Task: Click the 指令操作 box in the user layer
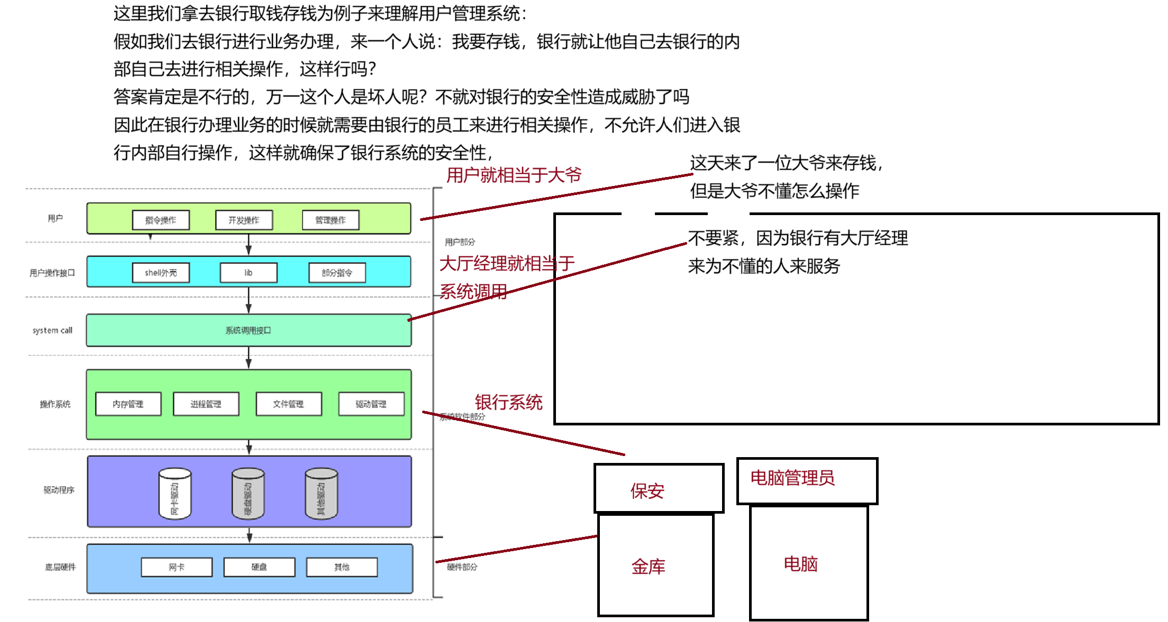pyautogui.click(x=161, y=220)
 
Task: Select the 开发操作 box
pyautogui.click(x=244, y=220)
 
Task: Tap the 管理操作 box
pyautogui.click(x=331, y=220)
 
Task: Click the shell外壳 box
pyautogui.click(x=161, y=273)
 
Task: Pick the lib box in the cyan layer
pyautogui.click(x=249, y=273)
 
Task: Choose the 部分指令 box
pyautogui.click(x=337, y=273)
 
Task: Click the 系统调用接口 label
pyautogui.click(x=248, y=330)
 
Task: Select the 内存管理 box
pyautogui.click(x=128, y=404)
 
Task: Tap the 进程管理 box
pyautogui.click(x=206, y=404)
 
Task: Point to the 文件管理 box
pyautogui.click(x=288, y=404)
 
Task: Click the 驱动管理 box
pyautogui.click(x=371, y=404)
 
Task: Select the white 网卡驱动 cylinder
pyautogui.click(x=175, y=494)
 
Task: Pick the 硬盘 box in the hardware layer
pyautogui.click(x=259, y=567)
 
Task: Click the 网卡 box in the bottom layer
pyautogui.click(x=177, y=567)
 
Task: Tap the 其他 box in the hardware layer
pyautogui.click(x=342, y=567)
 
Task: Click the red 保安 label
pyautogui.click(x=647, y=491)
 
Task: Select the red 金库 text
pyautogui.click(x=648, y=567)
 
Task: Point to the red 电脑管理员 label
pyautogui.click(x=792, y=478)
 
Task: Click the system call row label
pyautogui.click(x=52, y=330)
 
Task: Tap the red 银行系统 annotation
pyautogui.click(x=508, y=402)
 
